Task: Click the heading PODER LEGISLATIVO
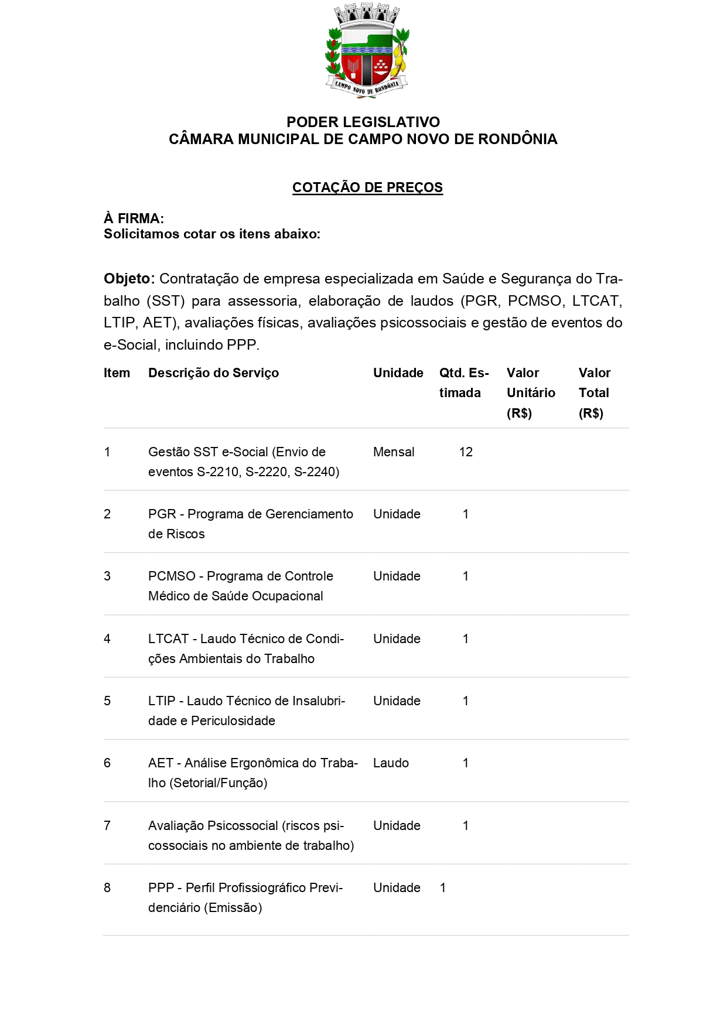tap(363, 122)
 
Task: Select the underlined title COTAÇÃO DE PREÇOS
tap(367, 187)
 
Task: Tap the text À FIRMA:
tap(134, 218)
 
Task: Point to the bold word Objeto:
tap(129, 279)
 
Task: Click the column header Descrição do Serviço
tap(213, 373)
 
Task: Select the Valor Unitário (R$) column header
tap(531, 393)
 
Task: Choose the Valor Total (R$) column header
tap(594, 393)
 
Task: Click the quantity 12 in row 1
tap(466, 452)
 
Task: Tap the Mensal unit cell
tap(394, 452)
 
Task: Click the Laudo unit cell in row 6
tap(391, 763)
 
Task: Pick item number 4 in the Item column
tap(107, 639)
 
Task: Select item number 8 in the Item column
tap(107, 888)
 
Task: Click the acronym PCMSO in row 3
tap(172, 576)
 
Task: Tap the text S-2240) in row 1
tap(316, 472)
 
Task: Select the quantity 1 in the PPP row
tap(443, 888)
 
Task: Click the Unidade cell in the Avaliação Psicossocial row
tap(397, 826)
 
